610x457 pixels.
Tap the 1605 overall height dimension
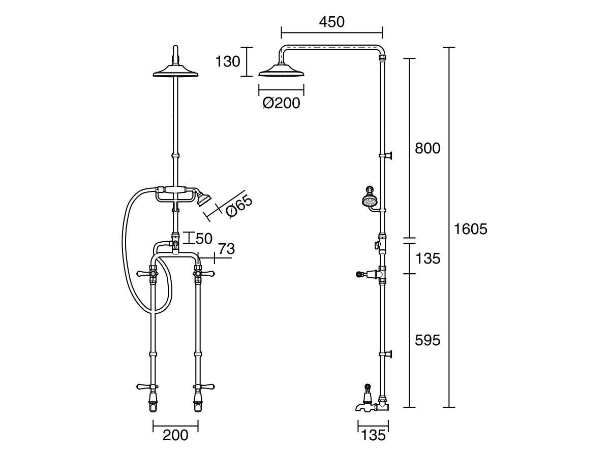pos(470,229)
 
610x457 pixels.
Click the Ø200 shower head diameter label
pos(281,103)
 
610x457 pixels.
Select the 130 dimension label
pos(227,61)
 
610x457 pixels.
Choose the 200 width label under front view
pos(175,435)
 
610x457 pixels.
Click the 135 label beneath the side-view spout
pos(373,435)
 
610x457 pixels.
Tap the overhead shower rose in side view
pos(281,71)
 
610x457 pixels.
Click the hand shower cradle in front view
pos(175,192)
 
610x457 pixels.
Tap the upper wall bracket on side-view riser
pos(389,155)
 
